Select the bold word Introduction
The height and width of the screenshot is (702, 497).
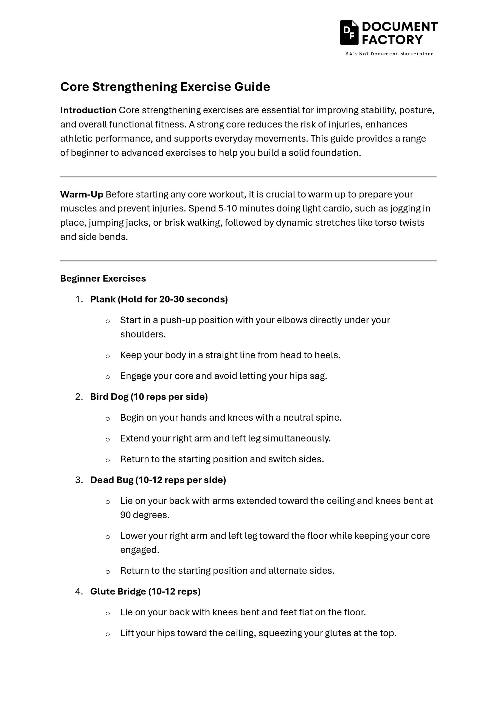[x=88, y=110]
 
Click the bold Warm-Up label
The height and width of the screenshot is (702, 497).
[x=82, y=194]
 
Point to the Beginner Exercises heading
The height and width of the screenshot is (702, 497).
[x=103, y=279]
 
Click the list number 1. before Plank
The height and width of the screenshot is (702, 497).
[x=79, y=299]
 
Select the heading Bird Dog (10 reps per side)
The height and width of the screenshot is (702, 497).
[x=149, y=397]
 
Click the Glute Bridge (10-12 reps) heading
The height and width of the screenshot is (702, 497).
[x=145, y=591]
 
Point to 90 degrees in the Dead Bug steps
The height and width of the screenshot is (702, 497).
[x=144, y=515]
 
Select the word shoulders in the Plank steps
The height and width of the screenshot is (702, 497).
[x=142, y=335]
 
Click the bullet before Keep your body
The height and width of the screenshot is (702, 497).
[x=107, y=356]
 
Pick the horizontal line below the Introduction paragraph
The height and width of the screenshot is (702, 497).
[x=248, y=176]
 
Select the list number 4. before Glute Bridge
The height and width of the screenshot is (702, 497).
[x=79, y=591]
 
